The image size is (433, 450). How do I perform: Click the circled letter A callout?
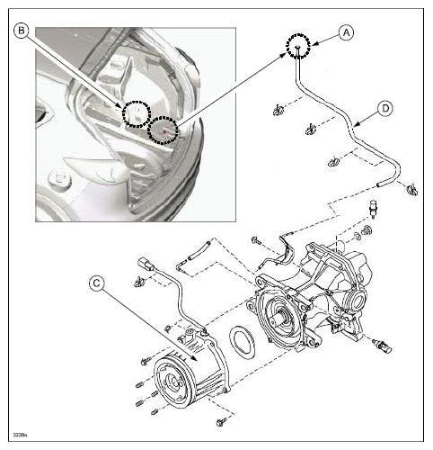345,31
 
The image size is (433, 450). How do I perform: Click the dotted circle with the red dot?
163,130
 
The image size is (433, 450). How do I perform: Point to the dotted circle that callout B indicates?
136,113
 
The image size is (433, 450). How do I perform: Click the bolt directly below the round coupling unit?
223,419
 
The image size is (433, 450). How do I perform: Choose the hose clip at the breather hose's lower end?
411,190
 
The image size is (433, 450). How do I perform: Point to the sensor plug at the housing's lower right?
384,345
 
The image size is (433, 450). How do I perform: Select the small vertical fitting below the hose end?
371,208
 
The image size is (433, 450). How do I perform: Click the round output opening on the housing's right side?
358,298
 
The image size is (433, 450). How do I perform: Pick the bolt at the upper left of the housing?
257,241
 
